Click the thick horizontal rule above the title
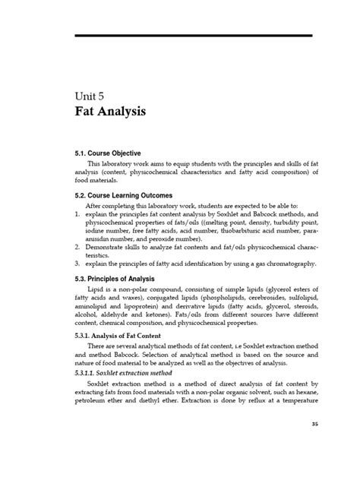click(x=193, y=36)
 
